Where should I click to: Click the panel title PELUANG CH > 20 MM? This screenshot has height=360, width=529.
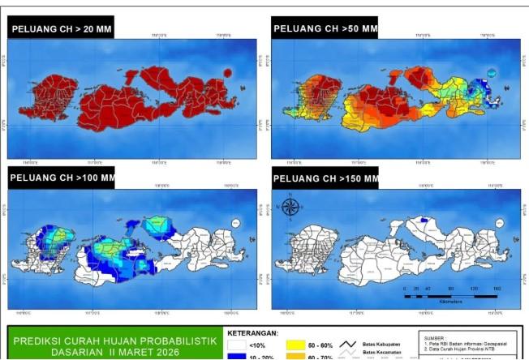tap(61, 30)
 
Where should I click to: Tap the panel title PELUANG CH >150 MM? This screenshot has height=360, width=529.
tap(325, 178)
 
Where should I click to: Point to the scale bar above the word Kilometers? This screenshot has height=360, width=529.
tap(450, 294)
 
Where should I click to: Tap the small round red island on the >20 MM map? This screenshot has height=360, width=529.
tap(226, 73)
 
